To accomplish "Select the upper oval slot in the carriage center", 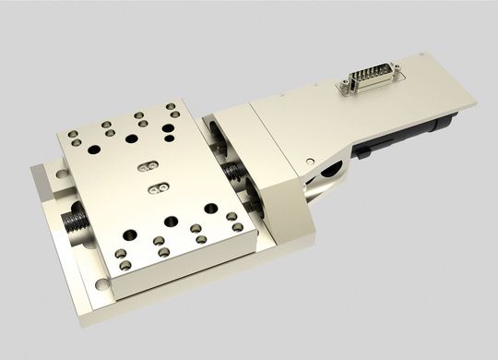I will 146,166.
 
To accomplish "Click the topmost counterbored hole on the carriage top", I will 138,116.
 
